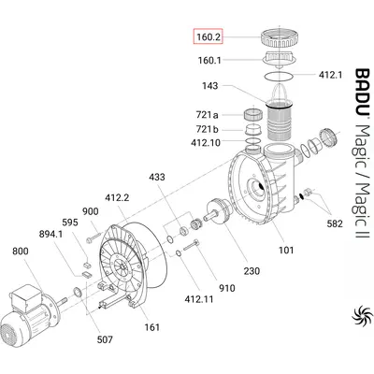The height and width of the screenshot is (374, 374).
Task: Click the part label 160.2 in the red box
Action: pos(208,37)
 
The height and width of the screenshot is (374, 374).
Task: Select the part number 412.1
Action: pos(330,75)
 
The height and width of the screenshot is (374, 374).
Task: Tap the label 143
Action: pos(210,85)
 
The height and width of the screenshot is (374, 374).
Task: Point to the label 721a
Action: pos(208,115)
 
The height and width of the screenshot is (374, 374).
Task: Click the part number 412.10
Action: pos(206,143)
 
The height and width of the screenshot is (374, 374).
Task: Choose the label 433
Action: pos(157,177)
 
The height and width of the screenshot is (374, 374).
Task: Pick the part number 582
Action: pos(335,223)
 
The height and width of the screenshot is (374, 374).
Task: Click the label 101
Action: pos(286,250)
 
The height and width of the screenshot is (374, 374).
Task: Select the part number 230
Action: pos(252,271)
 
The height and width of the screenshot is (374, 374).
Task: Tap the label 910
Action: pos(226,288)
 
